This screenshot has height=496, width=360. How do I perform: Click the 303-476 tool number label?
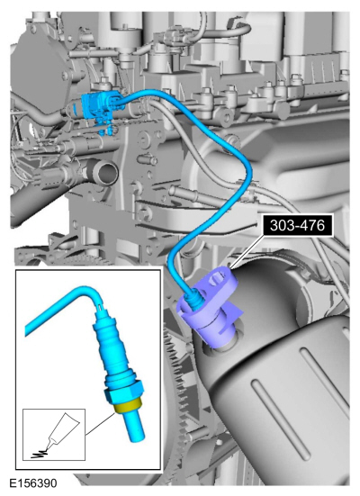tap(297, 226)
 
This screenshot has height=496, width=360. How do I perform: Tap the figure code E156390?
tap(33, 483)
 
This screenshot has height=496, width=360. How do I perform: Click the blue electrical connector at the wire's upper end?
tap(101, 104)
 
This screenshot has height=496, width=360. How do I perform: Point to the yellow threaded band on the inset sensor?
tap(128, 407)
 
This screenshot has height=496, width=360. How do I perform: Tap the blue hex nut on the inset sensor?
tap(123, 392)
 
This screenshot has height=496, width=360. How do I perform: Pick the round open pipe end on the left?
tap(106, 173)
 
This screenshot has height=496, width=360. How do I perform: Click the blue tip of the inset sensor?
tap(134, 427)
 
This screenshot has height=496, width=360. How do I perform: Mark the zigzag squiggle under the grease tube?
tap(39, 455)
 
